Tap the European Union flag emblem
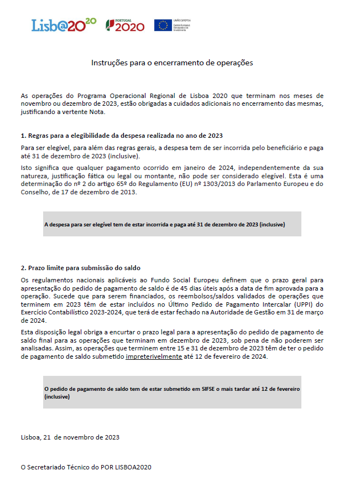(163, 25)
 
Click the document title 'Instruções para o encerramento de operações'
(172, 63)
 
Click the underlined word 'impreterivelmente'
(154, 357)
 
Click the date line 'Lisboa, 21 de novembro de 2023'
(70, 437)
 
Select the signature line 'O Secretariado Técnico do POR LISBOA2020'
(86, 467)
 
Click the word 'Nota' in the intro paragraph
(95, 112)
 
